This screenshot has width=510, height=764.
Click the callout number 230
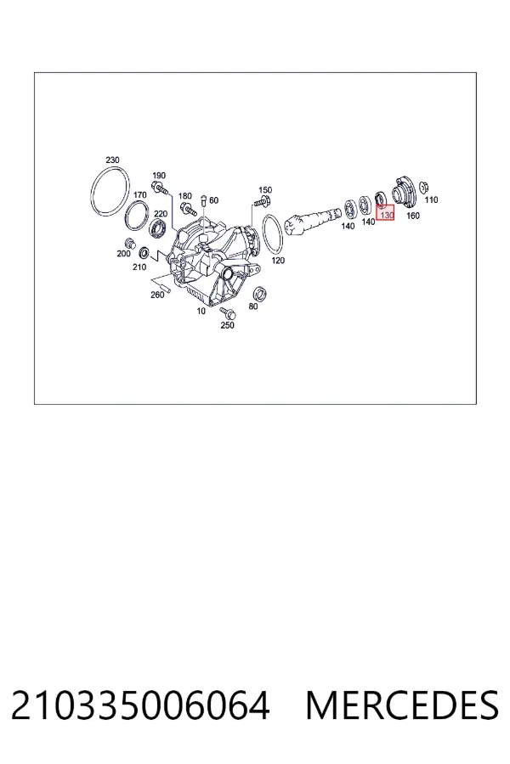tap(112, 160)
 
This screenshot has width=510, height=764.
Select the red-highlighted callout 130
tap(385, 213)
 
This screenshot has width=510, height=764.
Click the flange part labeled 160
tap(404, 191)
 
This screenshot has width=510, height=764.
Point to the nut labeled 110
tap(424, 188)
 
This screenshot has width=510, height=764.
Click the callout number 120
tap(278, 261)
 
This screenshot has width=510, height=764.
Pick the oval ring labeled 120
tap(263, 233)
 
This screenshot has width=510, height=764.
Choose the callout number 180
tap(185, 196)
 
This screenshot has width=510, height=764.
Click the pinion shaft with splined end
tap(312, 220)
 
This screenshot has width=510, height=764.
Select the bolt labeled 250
tap(227, 312)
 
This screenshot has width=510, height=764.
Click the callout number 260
tap(157, 295)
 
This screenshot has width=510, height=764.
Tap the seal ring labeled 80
tap(259, 294)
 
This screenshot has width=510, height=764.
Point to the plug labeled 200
tap(129, 243)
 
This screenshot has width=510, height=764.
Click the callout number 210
tap(139, 267)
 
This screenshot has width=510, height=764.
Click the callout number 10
tap(201, 311)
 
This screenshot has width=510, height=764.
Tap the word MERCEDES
tap(402, 705)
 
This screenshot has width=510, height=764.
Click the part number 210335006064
tap(140, 705)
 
